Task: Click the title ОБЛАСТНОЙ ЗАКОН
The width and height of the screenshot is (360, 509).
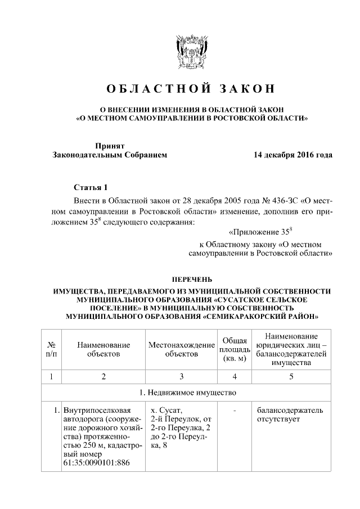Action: (x=184, y=89)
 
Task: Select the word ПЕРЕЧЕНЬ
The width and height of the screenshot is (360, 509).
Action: (x=191, y=279)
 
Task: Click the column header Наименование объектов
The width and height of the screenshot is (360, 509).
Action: (x=103, y=349)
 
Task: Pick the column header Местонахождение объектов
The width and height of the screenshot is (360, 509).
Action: (x=182, y=349)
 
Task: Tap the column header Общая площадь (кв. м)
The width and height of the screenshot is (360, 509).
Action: (x=233, y=349)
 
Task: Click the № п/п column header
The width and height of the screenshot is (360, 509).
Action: (x=51, y=349)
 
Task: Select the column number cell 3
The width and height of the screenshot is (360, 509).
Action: (x=182, y=376)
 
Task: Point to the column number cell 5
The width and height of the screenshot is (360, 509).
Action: (x=291, y=376)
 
